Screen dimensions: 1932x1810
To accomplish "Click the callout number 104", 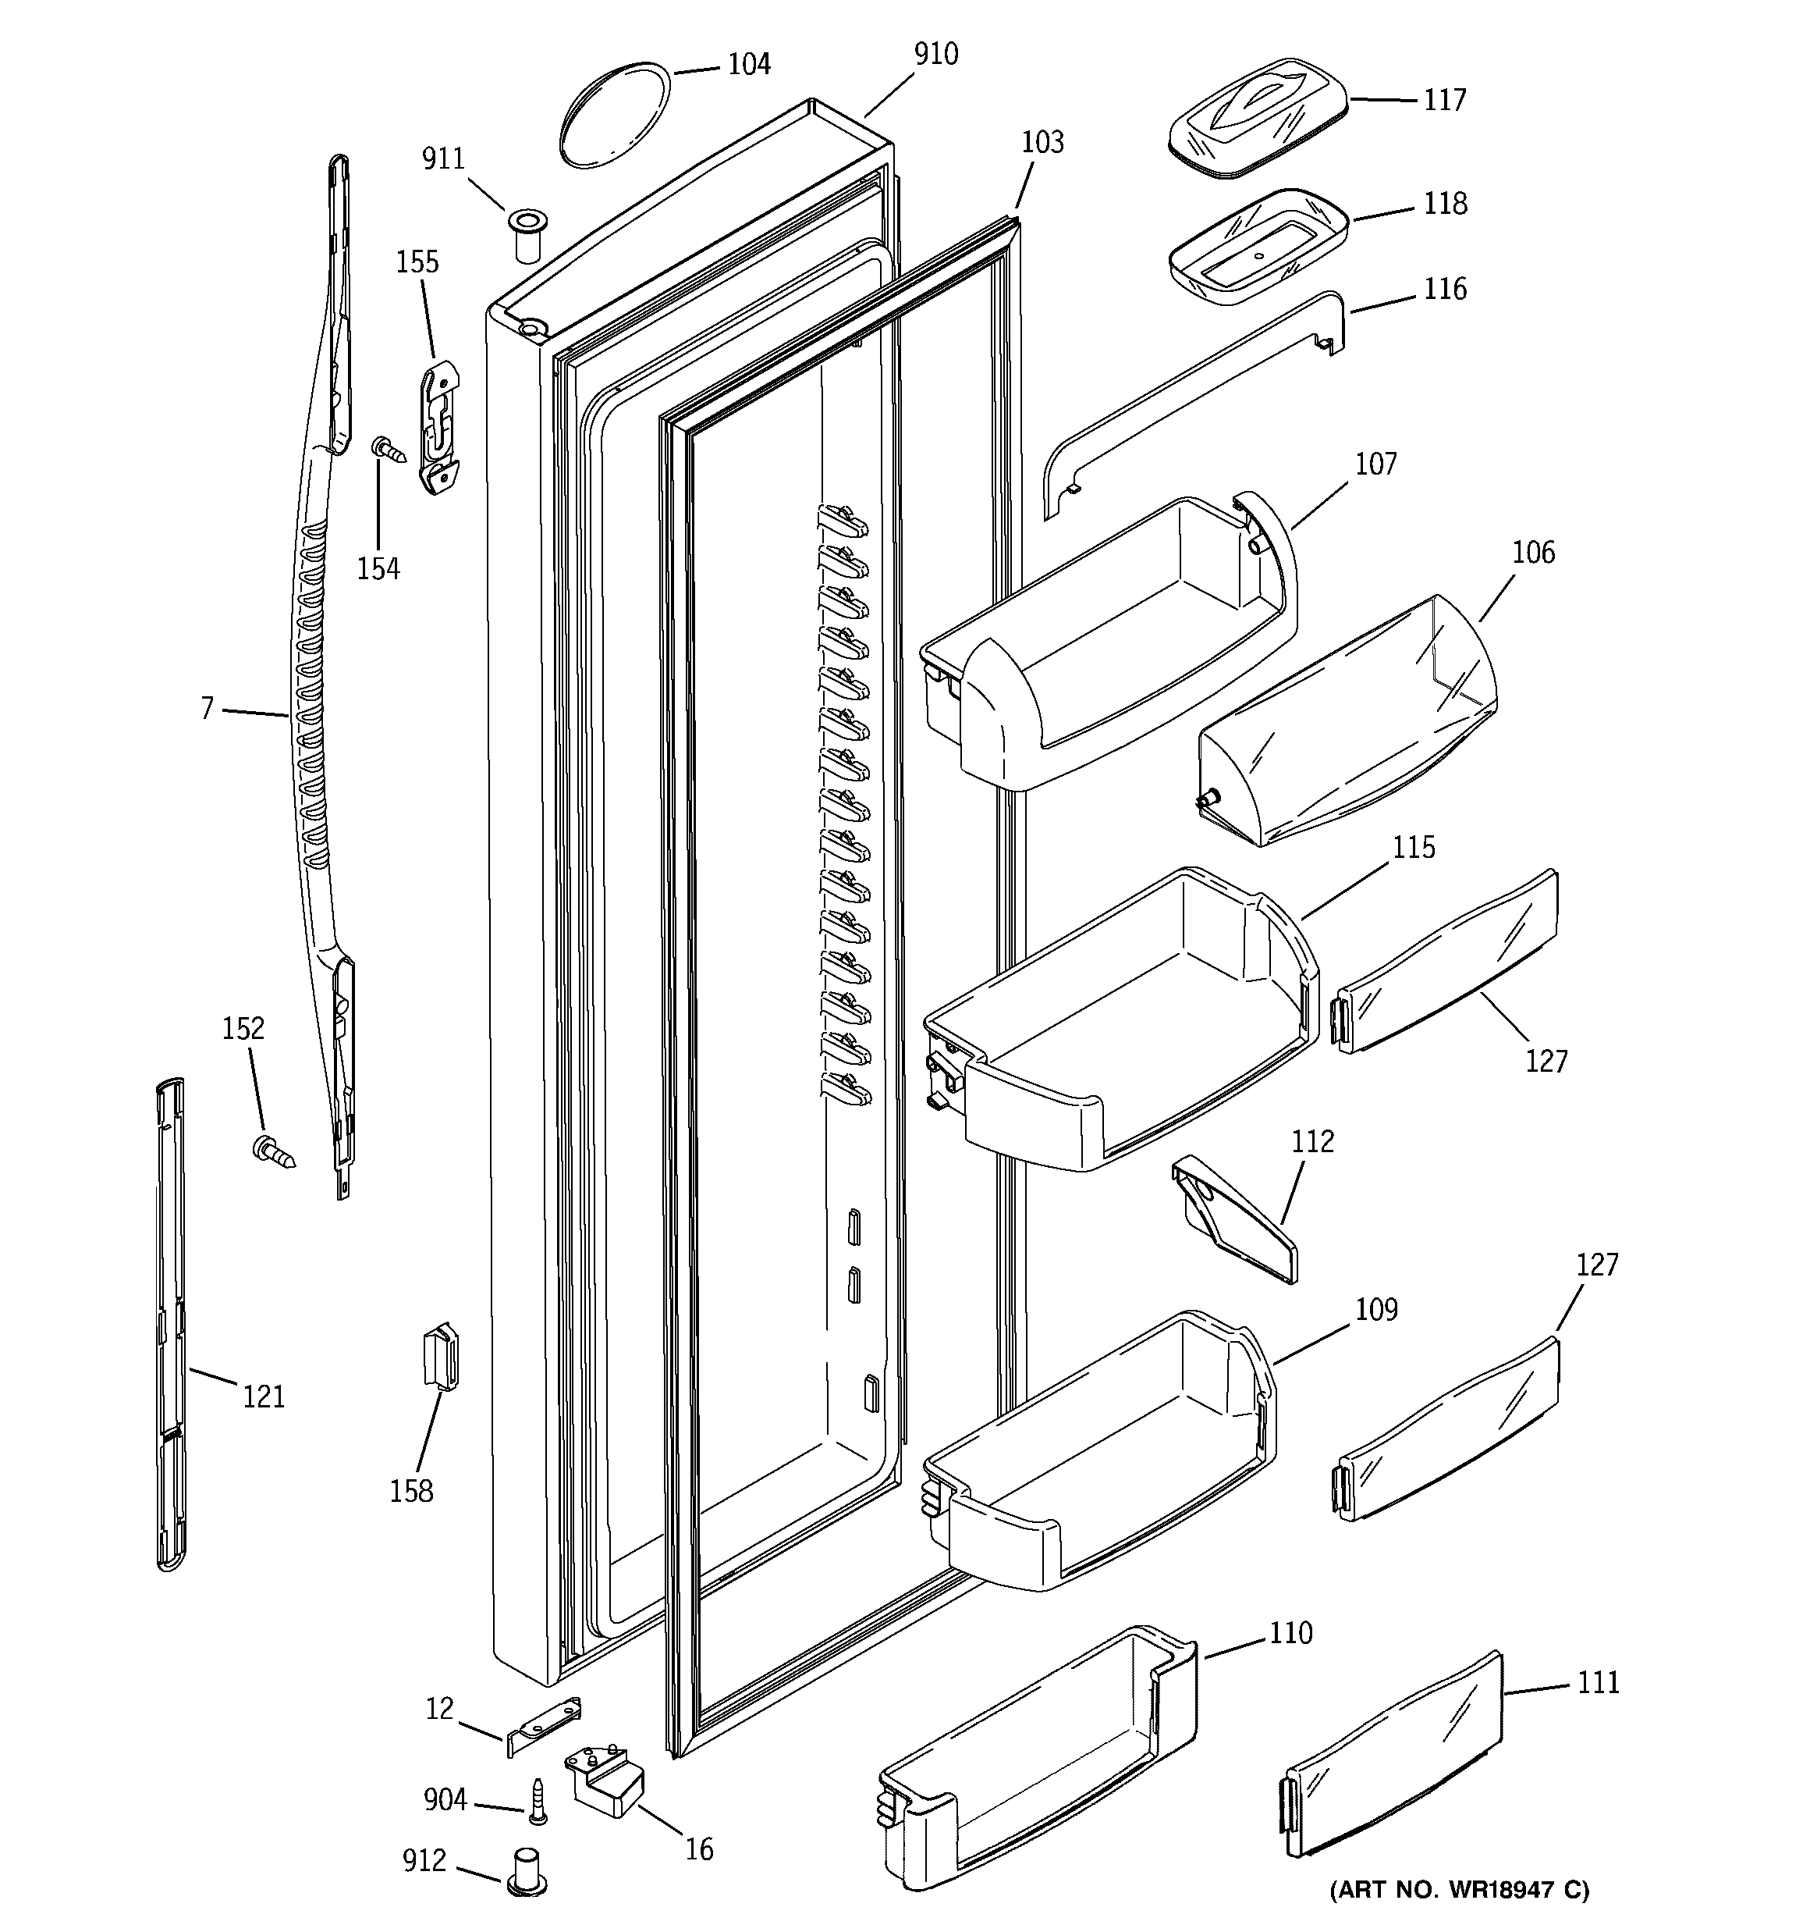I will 748,65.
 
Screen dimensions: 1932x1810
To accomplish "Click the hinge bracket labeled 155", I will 440,427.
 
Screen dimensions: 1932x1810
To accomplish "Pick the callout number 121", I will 263,1397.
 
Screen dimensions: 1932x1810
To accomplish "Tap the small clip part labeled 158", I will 440,1354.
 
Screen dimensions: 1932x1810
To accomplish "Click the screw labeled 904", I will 538,1800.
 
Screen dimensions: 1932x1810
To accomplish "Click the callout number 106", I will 1533,553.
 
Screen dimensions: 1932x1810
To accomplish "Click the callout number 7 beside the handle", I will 207,710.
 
